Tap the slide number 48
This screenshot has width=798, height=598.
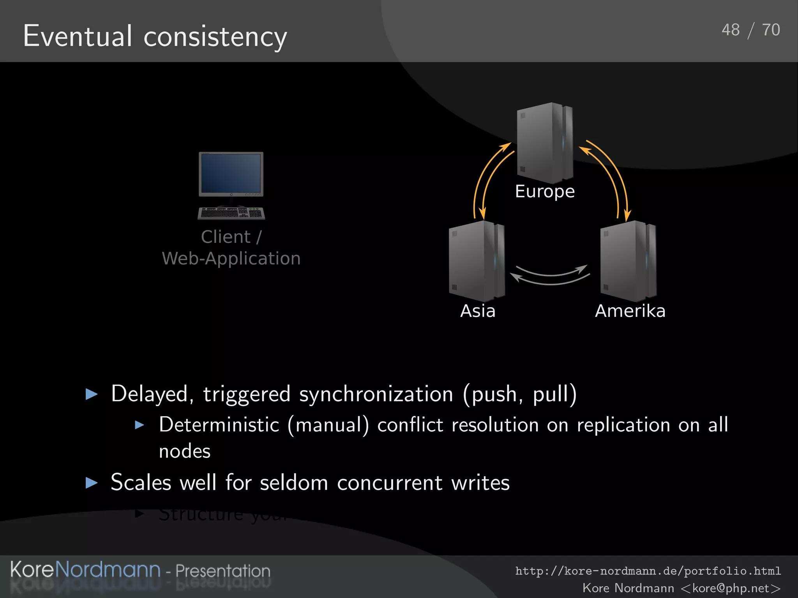tap(730, 30)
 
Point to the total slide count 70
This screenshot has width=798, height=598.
tap(771, 30)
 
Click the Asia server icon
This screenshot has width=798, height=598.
tap(477, 261)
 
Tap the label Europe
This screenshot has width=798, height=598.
tap(545, 192)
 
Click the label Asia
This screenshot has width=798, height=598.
tap(478, 311)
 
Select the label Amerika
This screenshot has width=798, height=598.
tap(630, 311)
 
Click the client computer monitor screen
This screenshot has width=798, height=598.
tap(231, 173)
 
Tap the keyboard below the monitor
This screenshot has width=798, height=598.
tap(231, 213)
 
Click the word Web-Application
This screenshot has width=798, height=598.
tap(231, 259)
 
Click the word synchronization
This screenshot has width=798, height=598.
tap(376, 394)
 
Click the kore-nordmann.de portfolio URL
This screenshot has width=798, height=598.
tap(648, 571)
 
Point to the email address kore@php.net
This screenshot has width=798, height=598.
tap(731, 588)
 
